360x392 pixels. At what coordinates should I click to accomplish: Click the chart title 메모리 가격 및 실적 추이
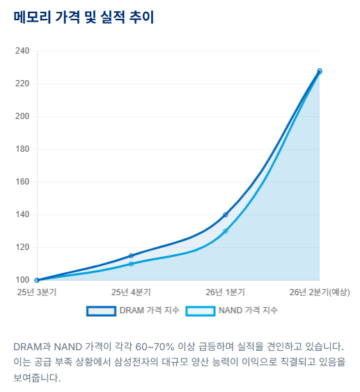click(84, 17)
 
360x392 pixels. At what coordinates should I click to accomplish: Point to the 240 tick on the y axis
click(22, 51)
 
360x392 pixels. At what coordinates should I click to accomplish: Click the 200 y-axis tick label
click(22, 116)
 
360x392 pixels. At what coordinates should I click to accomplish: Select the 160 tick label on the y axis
click(22, 182)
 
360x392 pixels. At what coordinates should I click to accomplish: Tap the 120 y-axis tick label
click(22, 247)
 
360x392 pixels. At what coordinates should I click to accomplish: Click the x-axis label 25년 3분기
click(37, 292)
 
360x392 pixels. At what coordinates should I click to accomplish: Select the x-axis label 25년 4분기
click(131, 292)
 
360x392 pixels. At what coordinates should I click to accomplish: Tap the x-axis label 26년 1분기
click(225, 292)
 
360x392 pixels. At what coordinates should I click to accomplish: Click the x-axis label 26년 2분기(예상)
click(320, 292)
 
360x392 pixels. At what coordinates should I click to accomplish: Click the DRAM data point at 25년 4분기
click(131, 256)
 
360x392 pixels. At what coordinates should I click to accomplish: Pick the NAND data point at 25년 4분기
click(131, 264)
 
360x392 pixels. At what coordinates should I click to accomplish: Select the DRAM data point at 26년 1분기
click(226, 214)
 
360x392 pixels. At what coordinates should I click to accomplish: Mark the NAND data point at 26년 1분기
click(226, 231)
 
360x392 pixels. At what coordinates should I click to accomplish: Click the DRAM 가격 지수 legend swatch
click(101, 311)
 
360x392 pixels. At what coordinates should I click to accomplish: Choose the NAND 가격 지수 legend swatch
click(201, 311)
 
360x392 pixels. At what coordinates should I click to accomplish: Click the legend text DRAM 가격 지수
click(150, 311)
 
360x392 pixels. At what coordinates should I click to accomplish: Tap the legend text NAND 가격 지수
click(248, 311)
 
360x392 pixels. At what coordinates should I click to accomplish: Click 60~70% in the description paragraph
click(155, 347)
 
